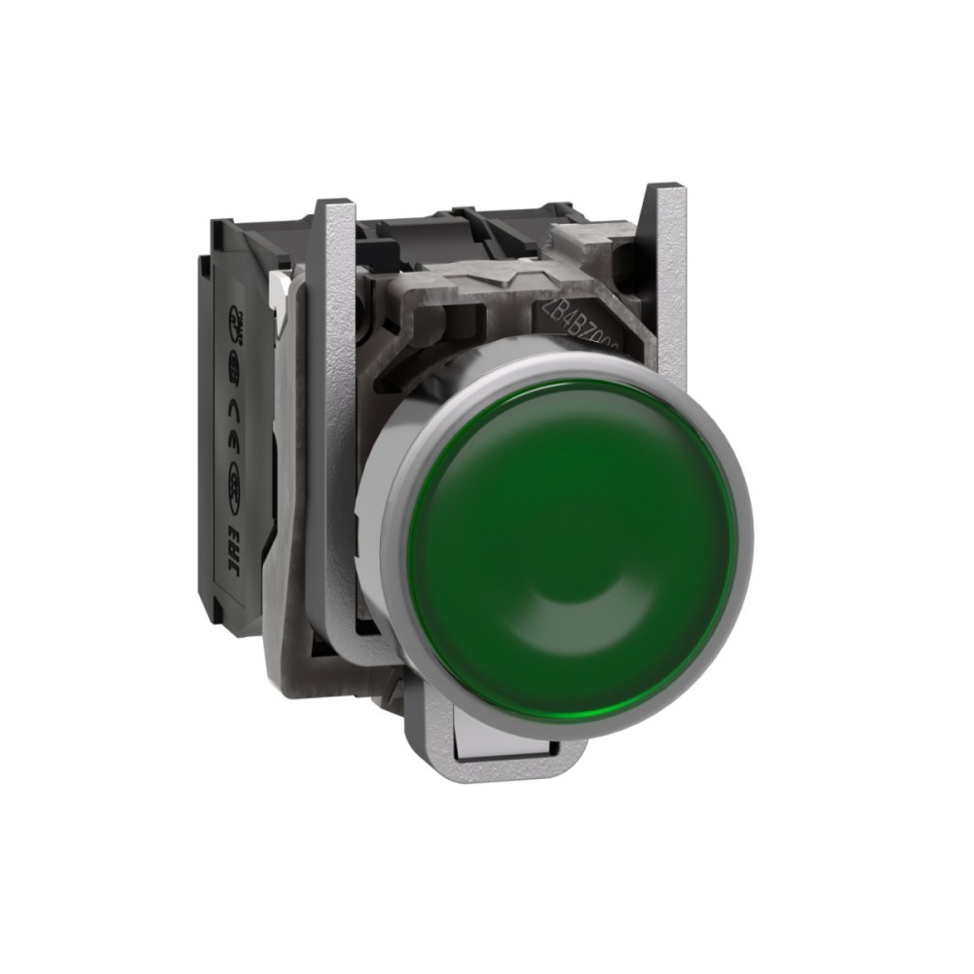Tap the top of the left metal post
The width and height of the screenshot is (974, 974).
(337, 209)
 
